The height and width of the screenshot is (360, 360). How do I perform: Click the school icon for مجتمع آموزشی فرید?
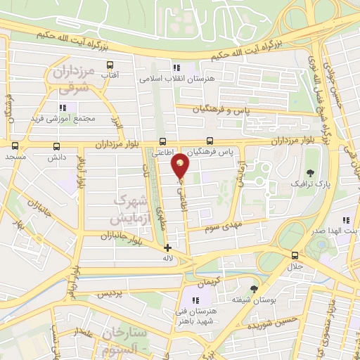click(62, 108)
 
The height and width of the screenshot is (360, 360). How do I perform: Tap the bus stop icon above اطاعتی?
click(163, 141)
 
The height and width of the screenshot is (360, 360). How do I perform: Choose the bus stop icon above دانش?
click(56, 146)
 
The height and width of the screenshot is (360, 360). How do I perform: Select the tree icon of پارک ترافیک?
click(310, 172)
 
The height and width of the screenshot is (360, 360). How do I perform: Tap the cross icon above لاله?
click(167, 247)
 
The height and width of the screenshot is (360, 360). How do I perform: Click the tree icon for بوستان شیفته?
click(254, 288)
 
